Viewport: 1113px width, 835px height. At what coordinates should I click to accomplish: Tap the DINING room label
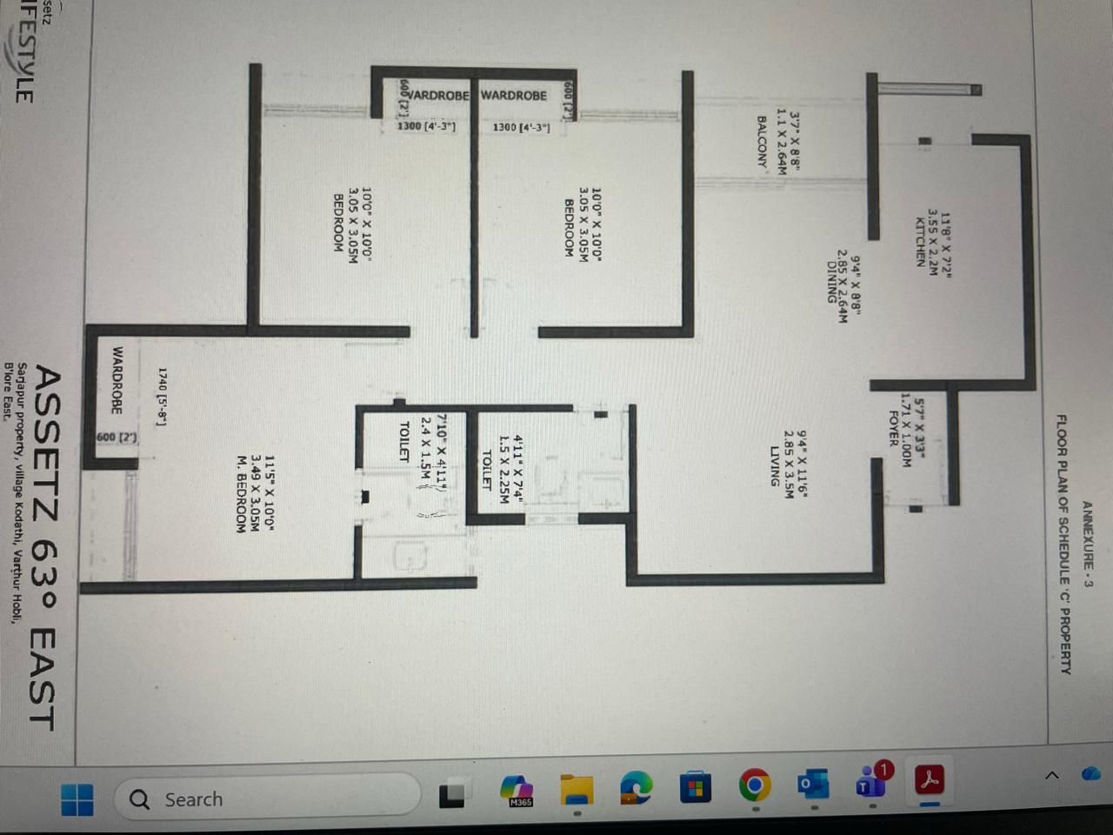[832, 282]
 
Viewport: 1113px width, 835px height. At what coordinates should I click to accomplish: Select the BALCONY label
[763, 142]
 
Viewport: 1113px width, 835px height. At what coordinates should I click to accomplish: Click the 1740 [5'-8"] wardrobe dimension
[162, 396]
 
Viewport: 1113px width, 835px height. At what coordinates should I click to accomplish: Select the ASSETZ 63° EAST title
[45, 548]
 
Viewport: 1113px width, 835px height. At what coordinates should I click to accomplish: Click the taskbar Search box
[261, 798]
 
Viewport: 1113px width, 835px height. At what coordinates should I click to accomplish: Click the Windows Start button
[77, 799]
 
